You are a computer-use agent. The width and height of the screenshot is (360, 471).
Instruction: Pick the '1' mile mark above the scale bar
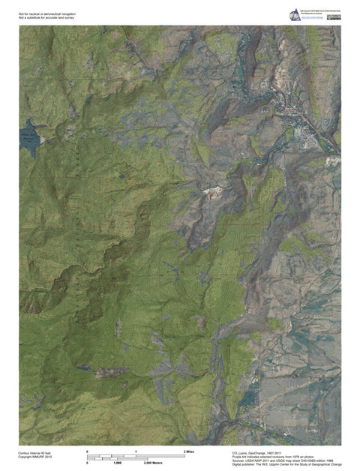pyautogui.click(x=136, y=451)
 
